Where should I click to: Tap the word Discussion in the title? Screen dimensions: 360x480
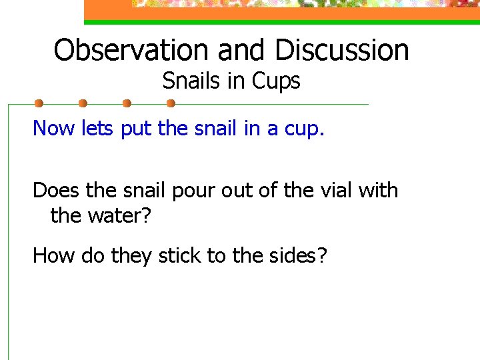click(x=341, y=50)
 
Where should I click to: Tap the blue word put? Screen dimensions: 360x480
click(x=136, y=129)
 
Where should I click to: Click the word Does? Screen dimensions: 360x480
click(x=56, y=191)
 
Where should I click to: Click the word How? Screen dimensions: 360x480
click(x=54, y=255)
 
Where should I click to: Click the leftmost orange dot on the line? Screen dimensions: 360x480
click(x=39, y=103)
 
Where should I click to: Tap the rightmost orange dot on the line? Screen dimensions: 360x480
click(x=170, y=103)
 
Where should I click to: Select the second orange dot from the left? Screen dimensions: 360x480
click(x=83, y=103)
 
